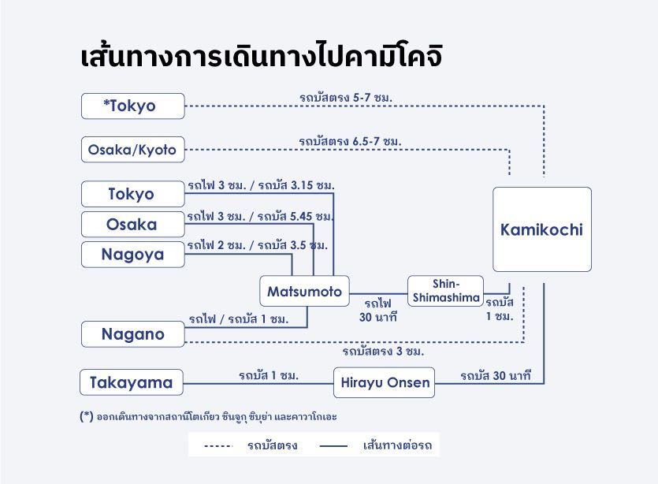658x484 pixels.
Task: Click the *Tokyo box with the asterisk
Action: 133,106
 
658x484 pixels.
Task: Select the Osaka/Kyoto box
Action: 133,150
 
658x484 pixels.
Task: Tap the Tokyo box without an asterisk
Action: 133,194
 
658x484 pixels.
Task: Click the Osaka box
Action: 133,224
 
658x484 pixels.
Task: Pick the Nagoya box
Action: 133,255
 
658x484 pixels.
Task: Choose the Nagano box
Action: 133,334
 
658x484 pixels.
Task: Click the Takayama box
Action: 132,382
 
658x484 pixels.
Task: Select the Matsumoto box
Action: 305,291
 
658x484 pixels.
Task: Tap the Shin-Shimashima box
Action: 446,291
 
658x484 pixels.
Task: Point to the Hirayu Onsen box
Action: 385,382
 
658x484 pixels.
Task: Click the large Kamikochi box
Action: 542,229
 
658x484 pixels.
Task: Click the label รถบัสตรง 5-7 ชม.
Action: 346,98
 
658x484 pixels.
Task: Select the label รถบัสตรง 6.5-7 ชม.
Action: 350,141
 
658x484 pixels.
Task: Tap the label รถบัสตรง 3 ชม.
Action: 383,351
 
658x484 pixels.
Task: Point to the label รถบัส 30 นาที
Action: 496,376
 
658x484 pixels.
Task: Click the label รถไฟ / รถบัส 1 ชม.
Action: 239,319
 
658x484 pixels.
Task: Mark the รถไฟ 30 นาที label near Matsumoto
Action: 378,311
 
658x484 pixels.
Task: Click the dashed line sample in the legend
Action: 218,446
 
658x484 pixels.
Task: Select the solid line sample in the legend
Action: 333,446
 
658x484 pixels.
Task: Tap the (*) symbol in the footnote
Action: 87,416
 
